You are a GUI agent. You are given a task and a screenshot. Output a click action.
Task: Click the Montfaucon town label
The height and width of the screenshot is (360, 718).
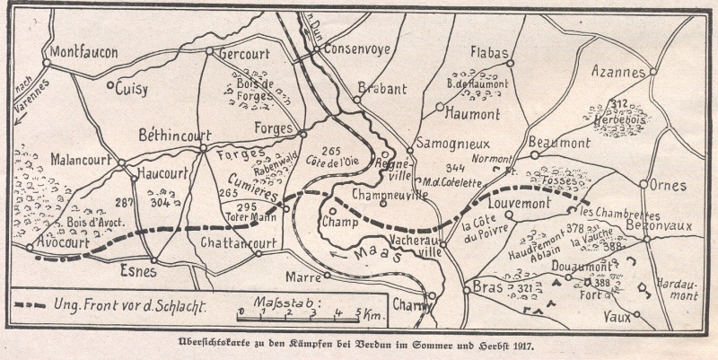coord(83,53)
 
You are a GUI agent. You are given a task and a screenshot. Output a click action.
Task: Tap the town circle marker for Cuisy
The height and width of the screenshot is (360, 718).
coord(110,87)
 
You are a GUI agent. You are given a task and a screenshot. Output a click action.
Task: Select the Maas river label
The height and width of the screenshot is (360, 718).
coord(370,255)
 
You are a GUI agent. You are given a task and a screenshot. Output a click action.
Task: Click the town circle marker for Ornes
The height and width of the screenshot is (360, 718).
coord(644,184)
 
